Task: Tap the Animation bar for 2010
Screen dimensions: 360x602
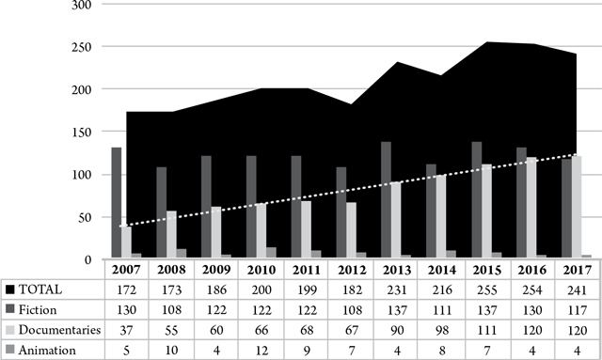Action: (273, 253)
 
